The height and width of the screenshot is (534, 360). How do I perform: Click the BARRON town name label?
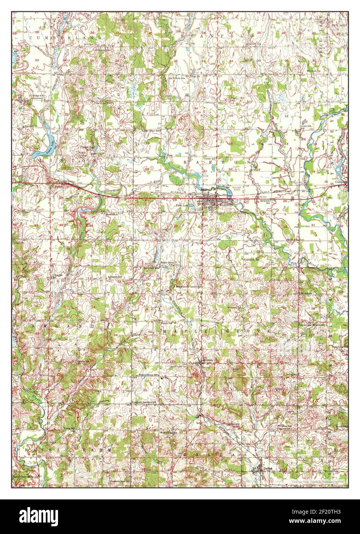pos(225,205)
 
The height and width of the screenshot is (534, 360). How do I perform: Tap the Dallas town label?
pos(268,468)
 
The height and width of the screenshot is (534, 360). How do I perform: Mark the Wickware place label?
pos(306,293)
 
